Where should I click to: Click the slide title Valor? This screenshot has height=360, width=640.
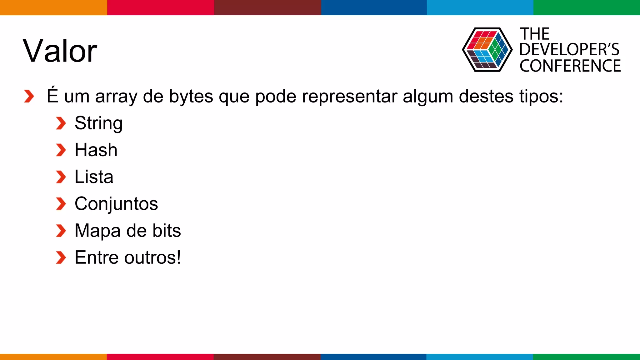click(x=60, y=51)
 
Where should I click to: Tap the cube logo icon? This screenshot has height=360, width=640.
click(x=487, y=50)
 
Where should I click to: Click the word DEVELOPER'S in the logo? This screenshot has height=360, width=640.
click(x=569, y=49)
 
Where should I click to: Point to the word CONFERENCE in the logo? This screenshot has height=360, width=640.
click(x=570, y=66)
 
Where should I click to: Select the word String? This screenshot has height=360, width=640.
click(x=98, y=123)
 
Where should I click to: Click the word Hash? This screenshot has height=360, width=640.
click(x=96, y=150)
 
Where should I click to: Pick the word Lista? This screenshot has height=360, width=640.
click(x=94, y=177)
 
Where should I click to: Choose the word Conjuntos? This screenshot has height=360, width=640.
click(x=116, y=204)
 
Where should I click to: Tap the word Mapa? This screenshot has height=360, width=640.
click(x=97, y=231)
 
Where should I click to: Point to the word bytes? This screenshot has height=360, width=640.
click(x=191, y=96)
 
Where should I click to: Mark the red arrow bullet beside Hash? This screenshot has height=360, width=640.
click(x=61, y=150)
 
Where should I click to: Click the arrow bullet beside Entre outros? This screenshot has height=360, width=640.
click(x=61, y=258)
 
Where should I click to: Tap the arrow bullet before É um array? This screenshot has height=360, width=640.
click(x=29, y=96)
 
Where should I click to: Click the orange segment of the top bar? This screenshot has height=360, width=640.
click(x=53, y=7)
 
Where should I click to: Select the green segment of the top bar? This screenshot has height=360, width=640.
click(x=587, y=7)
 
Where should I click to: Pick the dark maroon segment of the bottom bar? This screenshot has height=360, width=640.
click(x=267, y=357)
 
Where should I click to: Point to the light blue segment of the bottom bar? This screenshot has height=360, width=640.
click(x=479, y=357)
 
